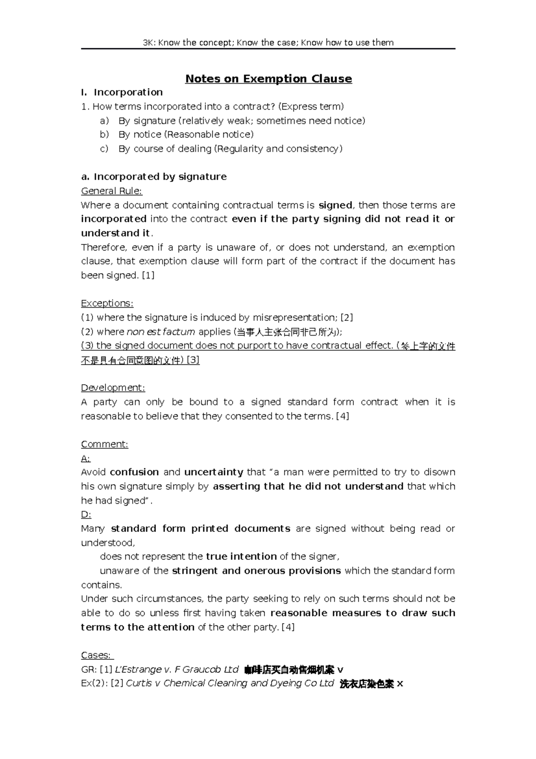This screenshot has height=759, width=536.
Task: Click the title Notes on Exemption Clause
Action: [x=268, y=79]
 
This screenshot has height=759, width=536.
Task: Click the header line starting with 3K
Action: [x=268, y=42]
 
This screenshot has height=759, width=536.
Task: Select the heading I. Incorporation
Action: [x=121, y=92]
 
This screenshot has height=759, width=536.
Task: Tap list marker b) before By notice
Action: [x=104, y=135]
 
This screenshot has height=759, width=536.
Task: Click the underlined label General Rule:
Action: [x=111, y=191]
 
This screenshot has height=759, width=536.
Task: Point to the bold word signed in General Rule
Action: [x=335, y=205]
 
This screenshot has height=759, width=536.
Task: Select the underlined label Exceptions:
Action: [x=107, y=303]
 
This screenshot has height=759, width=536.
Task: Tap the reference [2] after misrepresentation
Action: [x=347, y=317]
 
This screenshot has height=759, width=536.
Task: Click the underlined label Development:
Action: [x=113, y=388]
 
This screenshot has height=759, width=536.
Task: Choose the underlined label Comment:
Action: [x=105, y=444]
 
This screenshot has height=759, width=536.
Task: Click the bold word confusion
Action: [x=134, y=472]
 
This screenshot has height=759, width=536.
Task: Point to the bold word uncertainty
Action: [x=214, y=472]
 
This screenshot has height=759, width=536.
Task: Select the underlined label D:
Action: [x=86, y=514]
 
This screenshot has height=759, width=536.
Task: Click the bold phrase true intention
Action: [x=241, y=557]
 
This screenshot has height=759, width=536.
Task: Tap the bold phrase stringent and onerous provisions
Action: [x=256, y=571]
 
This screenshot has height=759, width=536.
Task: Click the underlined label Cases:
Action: [x=97, y=655]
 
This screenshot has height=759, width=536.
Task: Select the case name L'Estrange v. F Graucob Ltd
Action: [x=177, y=670]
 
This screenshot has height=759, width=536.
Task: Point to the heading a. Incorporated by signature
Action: [x=154, y=177]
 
